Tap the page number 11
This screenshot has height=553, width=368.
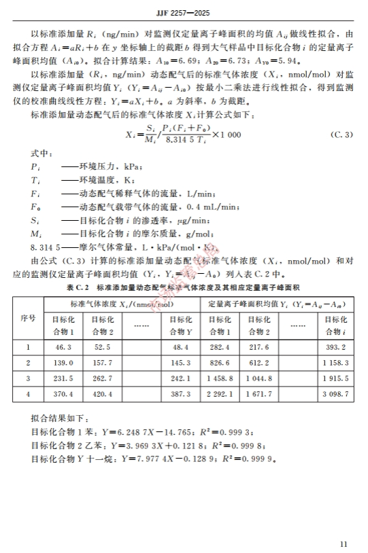[x=342, y=543]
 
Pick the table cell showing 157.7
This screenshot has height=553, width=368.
[x=102, y=363]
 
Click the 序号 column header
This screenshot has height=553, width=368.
[x=28, y=318]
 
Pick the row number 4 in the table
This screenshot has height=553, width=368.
[x=28, y=394]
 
